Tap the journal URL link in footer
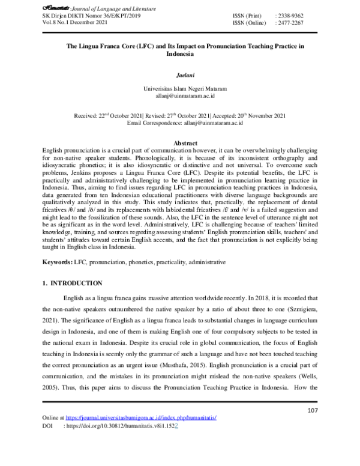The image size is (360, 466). (140, 434)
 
